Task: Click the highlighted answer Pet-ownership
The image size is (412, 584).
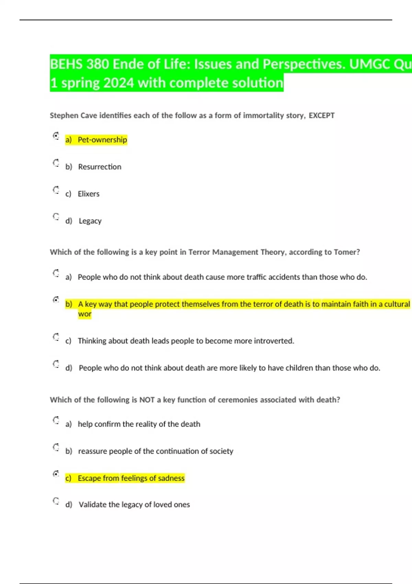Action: (102, 140)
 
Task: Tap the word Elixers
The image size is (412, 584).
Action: (89, 194)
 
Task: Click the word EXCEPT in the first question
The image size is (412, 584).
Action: (321, 115)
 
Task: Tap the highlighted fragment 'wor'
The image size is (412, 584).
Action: (84, 314)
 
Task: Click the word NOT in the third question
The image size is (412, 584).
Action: (147, 400)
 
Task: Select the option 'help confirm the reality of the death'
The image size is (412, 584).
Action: (139, 424)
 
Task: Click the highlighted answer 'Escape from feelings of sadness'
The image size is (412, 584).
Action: (131, 478)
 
